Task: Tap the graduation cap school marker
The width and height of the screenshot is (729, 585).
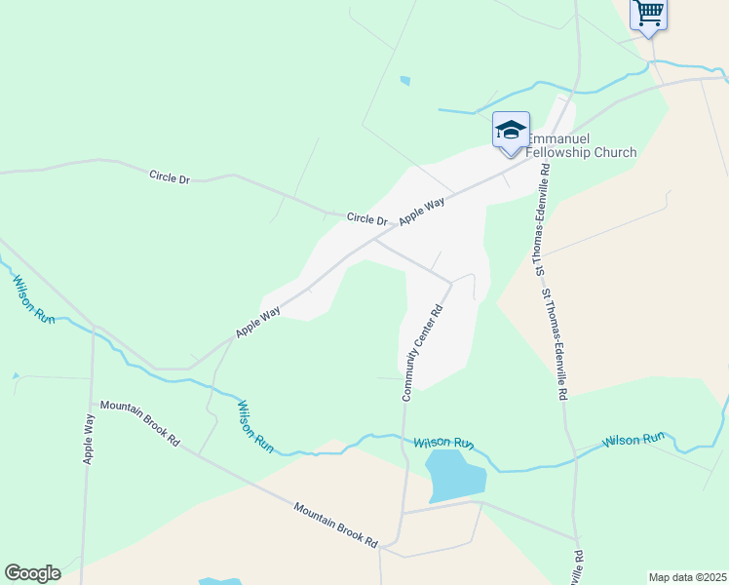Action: [x=511, y=132]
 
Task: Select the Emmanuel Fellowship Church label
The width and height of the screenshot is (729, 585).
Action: [x=581, y=146]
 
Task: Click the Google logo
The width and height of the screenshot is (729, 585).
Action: [x=32, y=573]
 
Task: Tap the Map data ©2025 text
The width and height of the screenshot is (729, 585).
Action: [x=687, y=577]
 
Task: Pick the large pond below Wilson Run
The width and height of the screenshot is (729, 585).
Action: [x=456, y=476]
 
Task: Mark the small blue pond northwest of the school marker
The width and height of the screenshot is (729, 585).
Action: [x=404, y=81]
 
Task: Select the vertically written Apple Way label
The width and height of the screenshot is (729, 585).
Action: [x=90, y=438]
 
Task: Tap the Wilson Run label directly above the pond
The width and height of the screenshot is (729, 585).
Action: [x=443, y=443]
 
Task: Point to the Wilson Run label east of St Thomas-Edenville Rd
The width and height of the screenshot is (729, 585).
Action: [x=633, y=440]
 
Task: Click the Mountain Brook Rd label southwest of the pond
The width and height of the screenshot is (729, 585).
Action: [x=335, y=524]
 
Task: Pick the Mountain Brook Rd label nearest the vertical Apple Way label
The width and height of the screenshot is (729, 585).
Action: [x=140, y=423]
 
